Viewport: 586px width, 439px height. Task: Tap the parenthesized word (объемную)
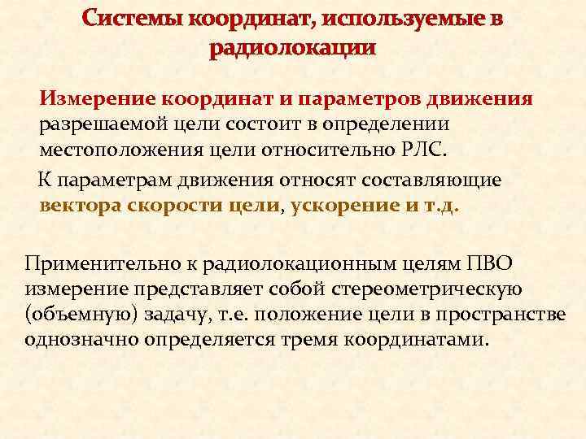click(x=75, y=314)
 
